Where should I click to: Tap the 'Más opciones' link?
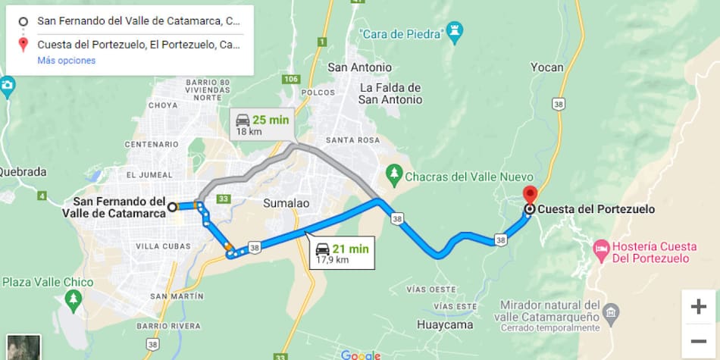point(67,60)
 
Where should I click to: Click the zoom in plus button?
point(698,306)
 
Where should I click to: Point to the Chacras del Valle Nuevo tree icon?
point(393,175)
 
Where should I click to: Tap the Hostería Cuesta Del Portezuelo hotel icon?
point(600,248)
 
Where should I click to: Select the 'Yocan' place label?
point(546,67)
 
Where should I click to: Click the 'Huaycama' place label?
point(445,325)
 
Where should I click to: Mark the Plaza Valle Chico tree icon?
point(74,301)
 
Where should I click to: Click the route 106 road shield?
point(291,79)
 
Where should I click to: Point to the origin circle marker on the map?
point(172,206)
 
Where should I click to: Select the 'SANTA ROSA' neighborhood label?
point(352,140)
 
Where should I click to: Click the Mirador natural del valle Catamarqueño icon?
point(611,311)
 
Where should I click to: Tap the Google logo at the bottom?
point(360,355)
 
